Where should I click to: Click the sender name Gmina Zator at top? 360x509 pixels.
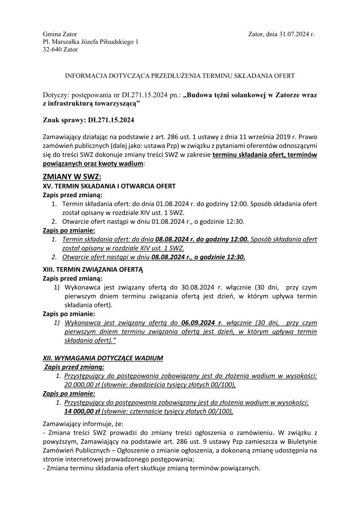coord(60,34)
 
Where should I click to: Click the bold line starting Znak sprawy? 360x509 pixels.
coord(88,121)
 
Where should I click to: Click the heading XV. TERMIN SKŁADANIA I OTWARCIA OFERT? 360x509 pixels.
coord(109,186)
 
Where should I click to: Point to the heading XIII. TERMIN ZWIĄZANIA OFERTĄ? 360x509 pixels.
coord(92,269)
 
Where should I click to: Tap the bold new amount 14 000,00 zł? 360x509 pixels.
coord(82,412)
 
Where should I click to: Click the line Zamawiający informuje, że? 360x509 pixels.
coord(78,425)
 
